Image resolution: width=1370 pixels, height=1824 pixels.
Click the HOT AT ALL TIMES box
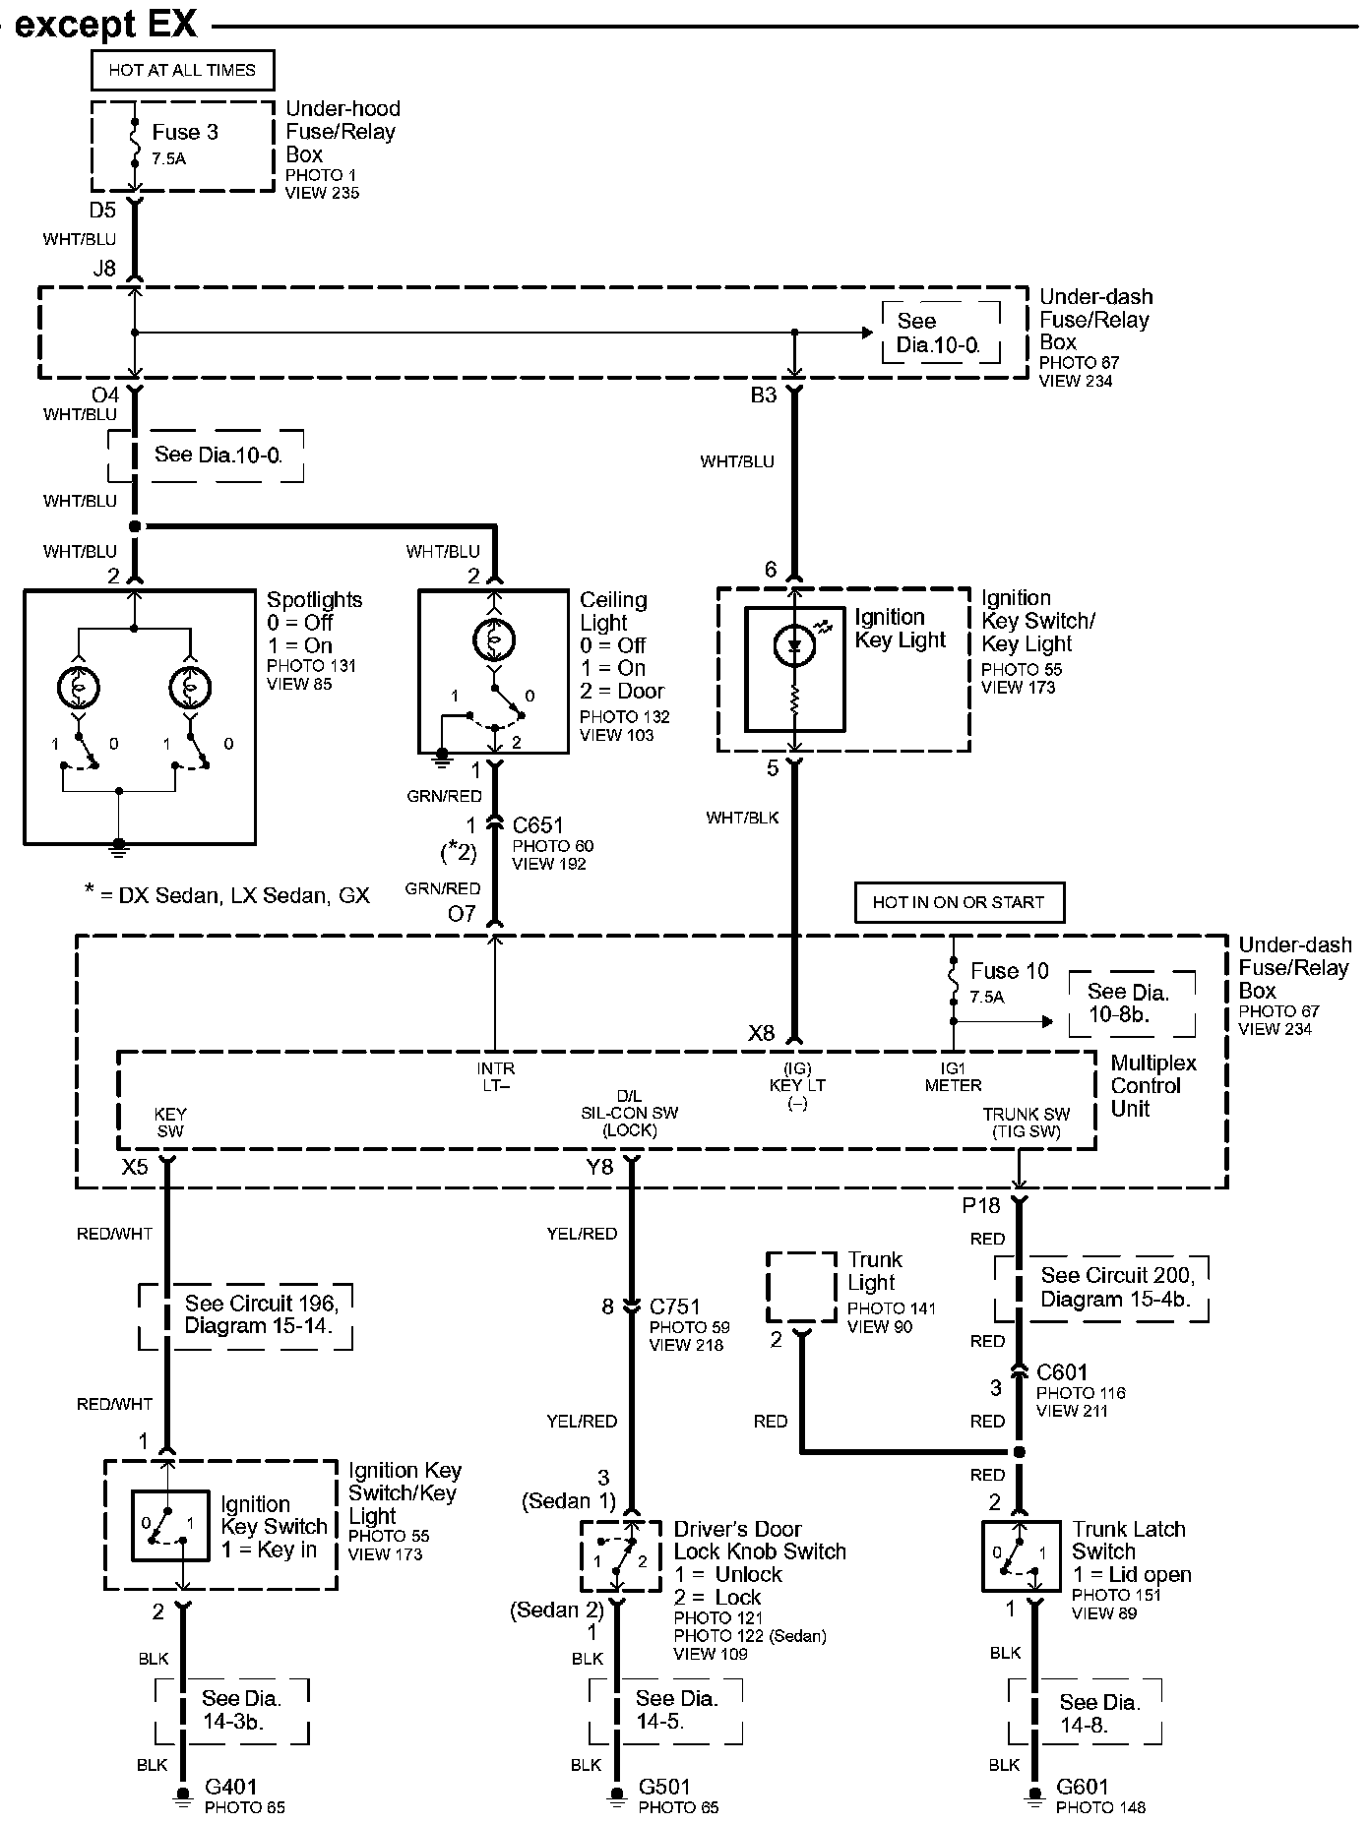tap(182, 70)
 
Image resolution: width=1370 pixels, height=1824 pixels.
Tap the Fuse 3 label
tap(185, 132)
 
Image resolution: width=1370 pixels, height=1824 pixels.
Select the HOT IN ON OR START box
tap(959, 902)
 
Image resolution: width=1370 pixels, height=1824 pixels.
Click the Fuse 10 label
tap(1010, 971)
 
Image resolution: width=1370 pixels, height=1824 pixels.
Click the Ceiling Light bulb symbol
tap(494, 640)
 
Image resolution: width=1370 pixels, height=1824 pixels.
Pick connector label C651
tap(537, 825)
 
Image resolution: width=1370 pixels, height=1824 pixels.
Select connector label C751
tap(675, 1307)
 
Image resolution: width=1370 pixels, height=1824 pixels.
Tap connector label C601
tap(1062, 1371)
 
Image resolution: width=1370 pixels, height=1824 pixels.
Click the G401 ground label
tap(231, 1786)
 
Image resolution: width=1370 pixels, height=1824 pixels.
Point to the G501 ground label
tap(665, 1786)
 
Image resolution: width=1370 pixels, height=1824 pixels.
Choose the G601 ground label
tap(1083, 1786)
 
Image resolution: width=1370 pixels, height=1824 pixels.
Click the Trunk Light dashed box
tap(801, 1287)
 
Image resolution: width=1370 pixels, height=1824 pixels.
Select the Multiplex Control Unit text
tap(1153, 1085)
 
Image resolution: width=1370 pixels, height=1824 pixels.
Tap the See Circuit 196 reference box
tap(246, 1315)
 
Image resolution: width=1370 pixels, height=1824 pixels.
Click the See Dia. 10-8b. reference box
tap(1132, 1003)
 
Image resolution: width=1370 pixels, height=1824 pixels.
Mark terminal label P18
tap(980, 1206)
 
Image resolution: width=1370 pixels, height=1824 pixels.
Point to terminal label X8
tap(761, 1033)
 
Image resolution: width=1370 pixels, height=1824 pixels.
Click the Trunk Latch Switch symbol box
tap(1021, 1556)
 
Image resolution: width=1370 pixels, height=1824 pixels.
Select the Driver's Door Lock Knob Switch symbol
tap(620, 1556)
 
